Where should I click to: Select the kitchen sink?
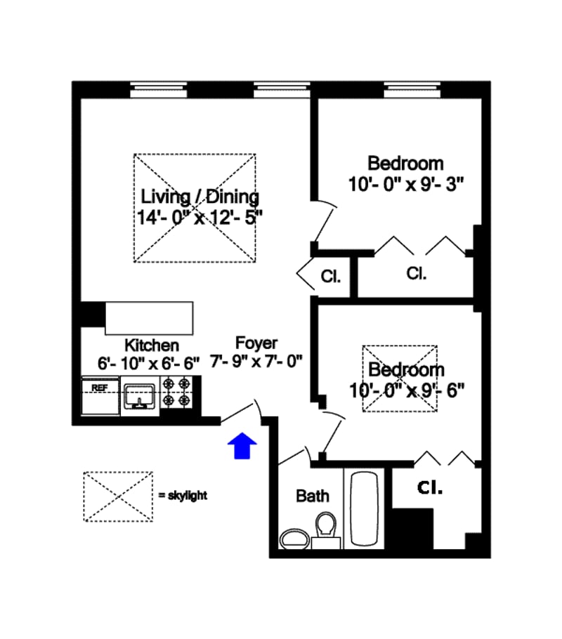pos(140,397)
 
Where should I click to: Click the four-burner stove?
pos(176,393)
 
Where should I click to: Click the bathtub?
pos(364,508)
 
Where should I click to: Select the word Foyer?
pos(256,343)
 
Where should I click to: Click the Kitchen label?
pos(151,345)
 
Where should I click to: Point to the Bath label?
pos(312,496)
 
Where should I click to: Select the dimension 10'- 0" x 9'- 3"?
pos(405,184)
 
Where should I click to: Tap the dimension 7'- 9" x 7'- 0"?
pos(256,362)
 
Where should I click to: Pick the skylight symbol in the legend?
pos(118,496)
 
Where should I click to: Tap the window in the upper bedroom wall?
pos(412,89)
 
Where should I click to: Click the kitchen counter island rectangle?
pos(149,318)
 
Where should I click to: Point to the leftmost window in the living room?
pos(159,89)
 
